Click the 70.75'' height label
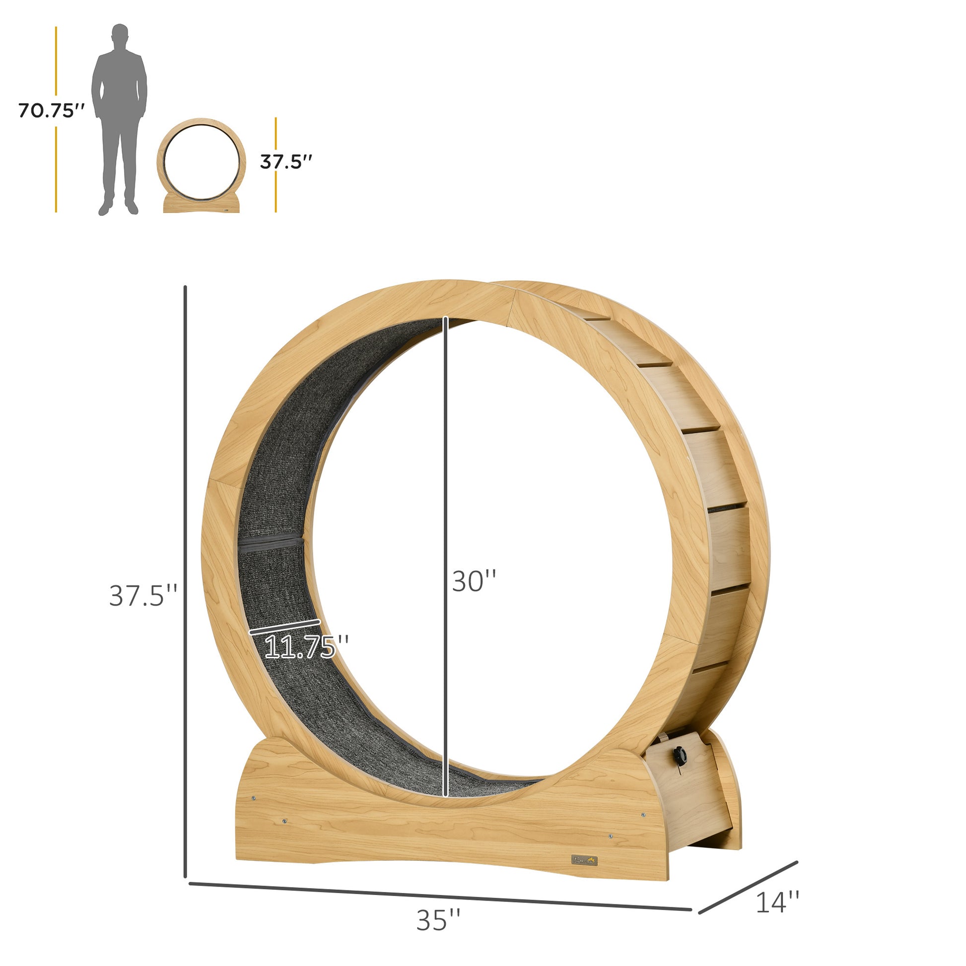click(52, 111)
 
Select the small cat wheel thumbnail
click(202, 165)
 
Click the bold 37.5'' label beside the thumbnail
click(286, 162)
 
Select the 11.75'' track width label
click(306, 646)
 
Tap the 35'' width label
click(438, 920)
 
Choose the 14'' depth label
click(777, 902)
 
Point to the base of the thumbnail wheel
click(202, 204)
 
